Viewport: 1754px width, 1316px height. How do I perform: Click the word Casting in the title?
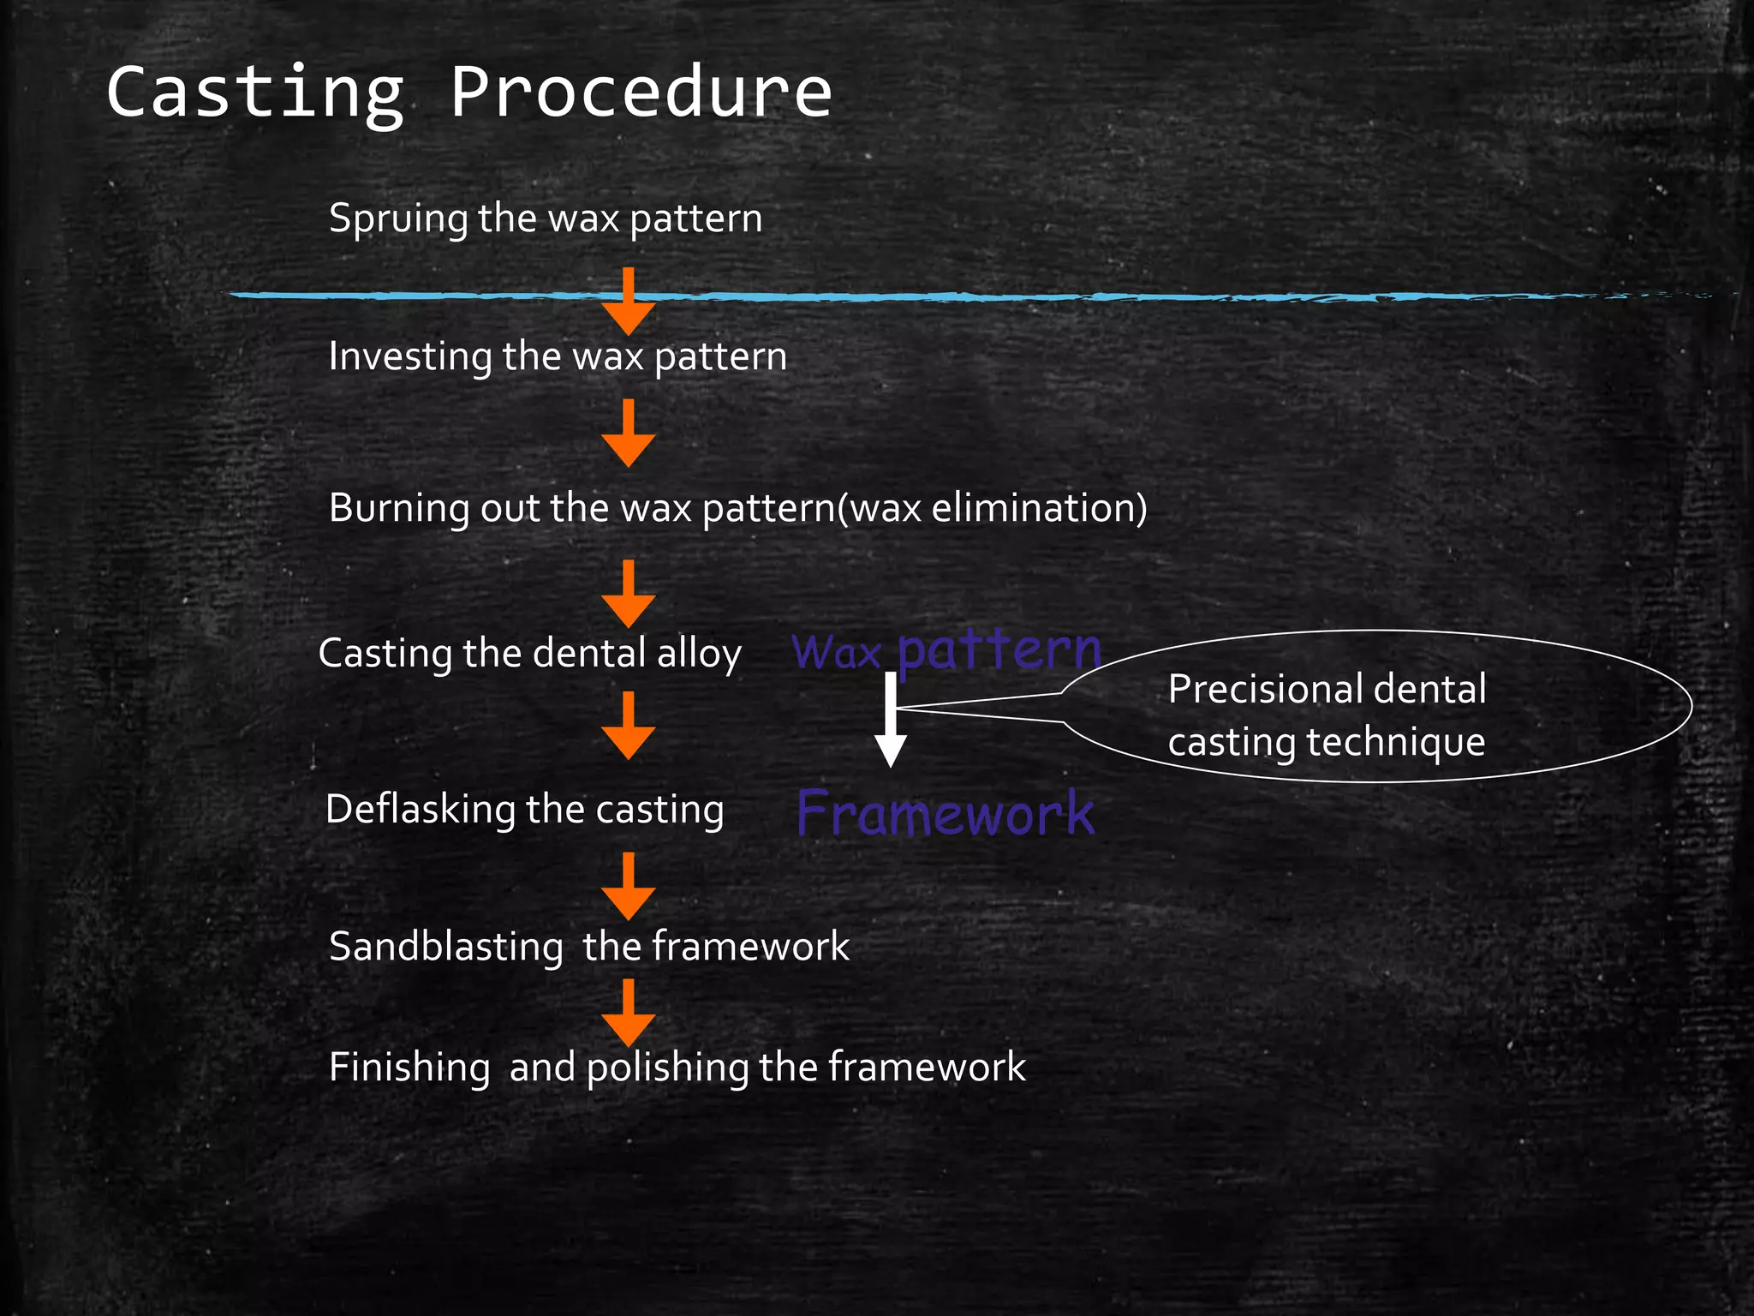(254, 93)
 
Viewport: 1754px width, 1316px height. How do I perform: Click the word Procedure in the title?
(641, 93)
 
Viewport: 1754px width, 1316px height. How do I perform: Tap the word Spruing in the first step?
(398, 219)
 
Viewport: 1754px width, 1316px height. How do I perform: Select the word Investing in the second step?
(410, 357)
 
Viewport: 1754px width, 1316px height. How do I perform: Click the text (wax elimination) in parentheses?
(992, 508)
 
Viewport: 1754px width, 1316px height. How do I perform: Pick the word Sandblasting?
(445, 948)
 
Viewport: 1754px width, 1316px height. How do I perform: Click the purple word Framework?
(946, 814)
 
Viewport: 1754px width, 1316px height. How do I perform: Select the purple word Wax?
(836, 654)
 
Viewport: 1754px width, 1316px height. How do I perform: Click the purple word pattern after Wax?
(999, 651)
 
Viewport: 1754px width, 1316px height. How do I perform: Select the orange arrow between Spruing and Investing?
(629, 302)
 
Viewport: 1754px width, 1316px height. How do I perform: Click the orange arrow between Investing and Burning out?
(629, 434)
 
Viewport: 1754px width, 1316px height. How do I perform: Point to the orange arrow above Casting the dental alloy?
(629, 595)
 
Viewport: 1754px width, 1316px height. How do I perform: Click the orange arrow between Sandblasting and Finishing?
(629, 1014)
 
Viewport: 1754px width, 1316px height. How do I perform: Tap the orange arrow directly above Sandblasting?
(629, 887)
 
